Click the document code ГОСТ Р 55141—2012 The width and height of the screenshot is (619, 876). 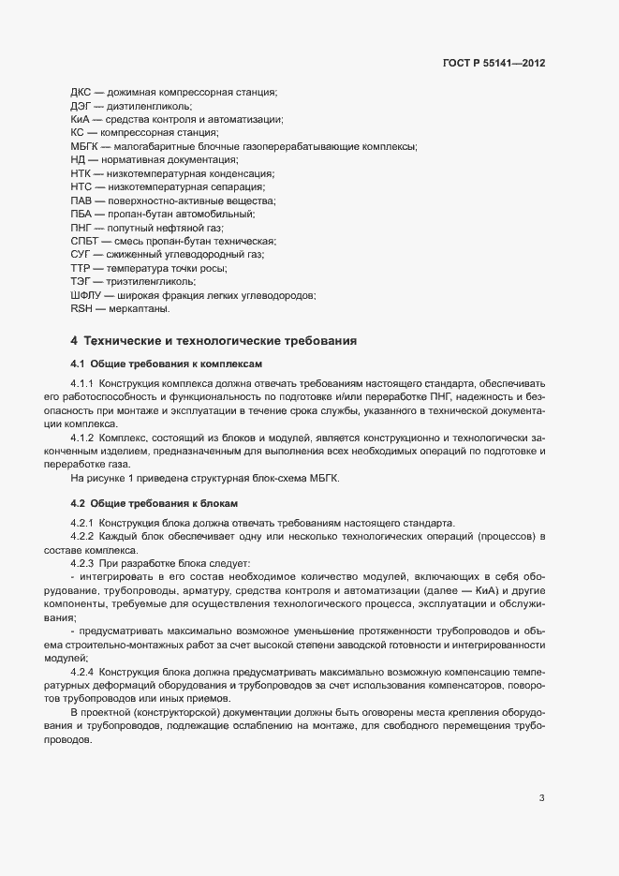click(x=493, y=63)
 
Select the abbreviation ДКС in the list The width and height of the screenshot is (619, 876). click(x=81, y=93)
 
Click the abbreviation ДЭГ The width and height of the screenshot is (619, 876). click(x=81, y=107)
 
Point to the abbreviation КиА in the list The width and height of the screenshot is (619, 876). click(x=80, y=120)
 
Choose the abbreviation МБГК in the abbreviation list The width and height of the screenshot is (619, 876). click(x=84, y=147)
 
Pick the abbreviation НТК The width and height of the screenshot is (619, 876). click(x=81, y=174)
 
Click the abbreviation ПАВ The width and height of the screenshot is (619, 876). click(x=81, y=201)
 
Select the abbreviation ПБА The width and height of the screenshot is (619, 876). click(x=81, y=215)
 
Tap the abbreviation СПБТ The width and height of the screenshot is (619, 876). click(x=83, y=242)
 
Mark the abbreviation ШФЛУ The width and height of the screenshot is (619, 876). click(x=85, y=296)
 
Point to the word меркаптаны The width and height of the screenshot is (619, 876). click(x=140, y=309)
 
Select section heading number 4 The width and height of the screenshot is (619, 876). click(x=73, y=340)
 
